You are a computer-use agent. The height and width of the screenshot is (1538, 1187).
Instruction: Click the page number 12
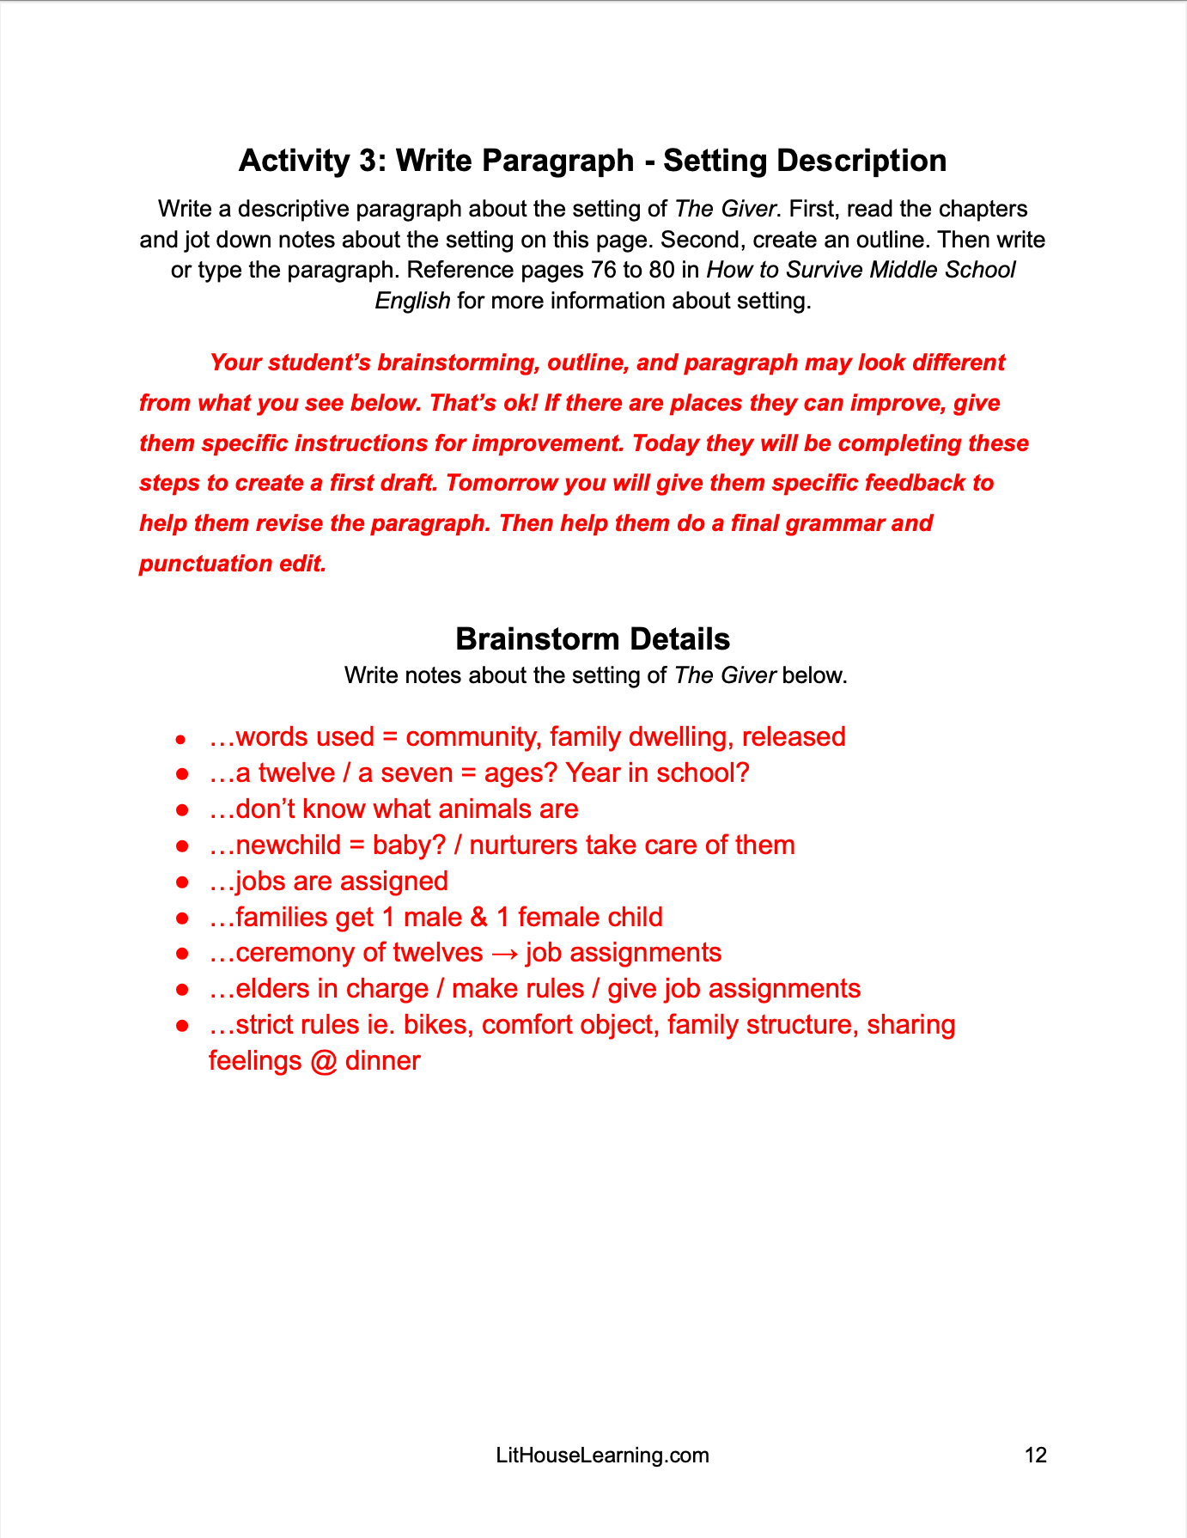point(1035,1455)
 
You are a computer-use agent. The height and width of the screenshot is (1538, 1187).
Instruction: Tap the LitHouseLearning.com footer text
point(602,1455)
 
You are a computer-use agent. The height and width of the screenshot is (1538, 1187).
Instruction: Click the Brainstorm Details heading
point(593,639)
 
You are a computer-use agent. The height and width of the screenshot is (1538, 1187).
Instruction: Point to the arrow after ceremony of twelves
point(504,953)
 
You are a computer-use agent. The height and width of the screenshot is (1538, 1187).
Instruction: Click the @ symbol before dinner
point(323,1061)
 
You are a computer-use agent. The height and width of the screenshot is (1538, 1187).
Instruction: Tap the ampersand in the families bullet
point(478,917)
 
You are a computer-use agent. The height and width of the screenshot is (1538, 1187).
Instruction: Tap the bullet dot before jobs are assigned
point(181,882)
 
